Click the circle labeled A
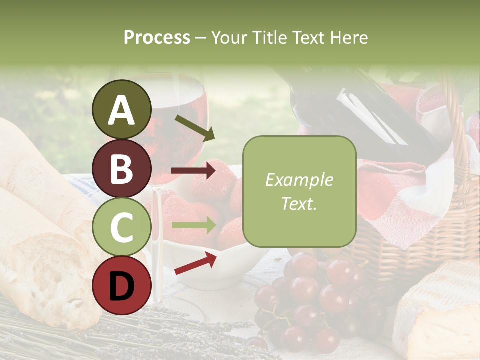click(122, 109)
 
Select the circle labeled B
click(122, 169)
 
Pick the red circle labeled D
click(122, 286)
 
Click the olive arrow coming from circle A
click(194, 127)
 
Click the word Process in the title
click(157, 37)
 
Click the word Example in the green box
click(299, 180)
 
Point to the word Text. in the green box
click(299, 203)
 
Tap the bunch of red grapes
click(310, 300)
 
